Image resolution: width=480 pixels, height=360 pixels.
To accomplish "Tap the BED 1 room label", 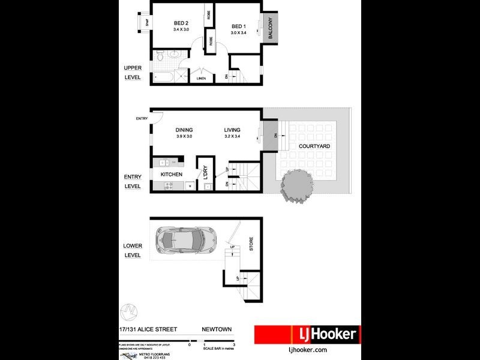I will [x=239, y=26].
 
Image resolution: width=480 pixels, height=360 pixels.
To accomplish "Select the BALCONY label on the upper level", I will [x=271, y=28].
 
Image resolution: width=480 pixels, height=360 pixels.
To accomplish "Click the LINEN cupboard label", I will [x=201, y=79].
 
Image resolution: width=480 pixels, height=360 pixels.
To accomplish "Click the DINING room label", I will [x=184, y=130].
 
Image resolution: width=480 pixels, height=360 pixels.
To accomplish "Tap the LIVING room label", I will [x=232, y=130].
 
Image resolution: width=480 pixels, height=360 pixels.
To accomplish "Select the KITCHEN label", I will [x=171, y=175].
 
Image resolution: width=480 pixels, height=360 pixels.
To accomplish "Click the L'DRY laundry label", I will [x=205, y=173].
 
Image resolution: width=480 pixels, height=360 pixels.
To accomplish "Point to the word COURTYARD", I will [x=313, y=146].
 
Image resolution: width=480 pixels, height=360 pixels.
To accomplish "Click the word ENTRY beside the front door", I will [x=142, y=118].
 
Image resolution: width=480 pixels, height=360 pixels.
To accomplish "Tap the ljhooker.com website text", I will [x=307, y=350].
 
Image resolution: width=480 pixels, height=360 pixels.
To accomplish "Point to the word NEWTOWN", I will [x=217, y=329].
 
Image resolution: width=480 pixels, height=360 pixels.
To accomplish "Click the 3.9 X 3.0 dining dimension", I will [x=184, y=137].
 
